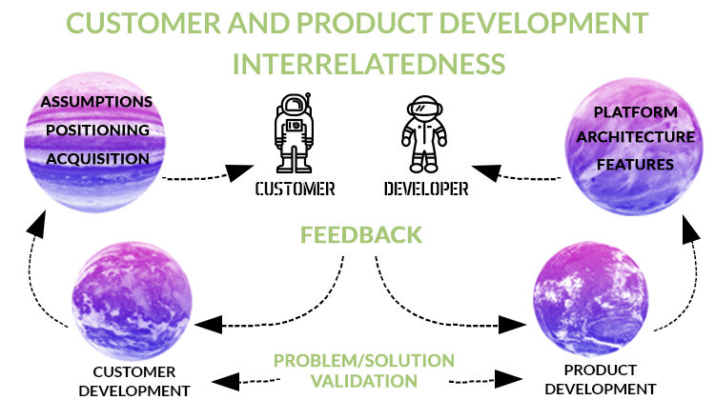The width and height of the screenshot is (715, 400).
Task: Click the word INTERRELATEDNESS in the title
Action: pyautogui.click(x=369, y=64)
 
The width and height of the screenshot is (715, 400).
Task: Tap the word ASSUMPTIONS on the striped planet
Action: pyautogui.click(x=96, y=102)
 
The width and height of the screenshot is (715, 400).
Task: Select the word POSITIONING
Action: pyautogui.click(x=97, y=130)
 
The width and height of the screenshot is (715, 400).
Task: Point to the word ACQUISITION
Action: pyautogui.click(x=97, y=159)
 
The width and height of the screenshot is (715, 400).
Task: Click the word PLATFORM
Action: pyautogui.click(x=636, y=112)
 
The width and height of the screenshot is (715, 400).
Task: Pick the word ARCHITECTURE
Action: pyautogui.click(x=636, y=137)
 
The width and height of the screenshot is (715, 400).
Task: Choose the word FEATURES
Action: pyautogui.click(x=635, y=165)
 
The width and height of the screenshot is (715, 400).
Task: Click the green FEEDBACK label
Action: pyautogui.click(x=361, y=235)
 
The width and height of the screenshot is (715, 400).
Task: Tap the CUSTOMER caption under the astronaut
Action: pyautogui.click(x=295, y=189)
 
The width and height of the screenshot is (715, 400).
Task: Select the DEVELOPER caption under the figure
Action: pyautogui.click(x=426, y=189)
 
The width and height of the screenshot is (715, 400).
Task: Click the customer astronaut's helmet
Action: pyautogui.click(x=295, y=107)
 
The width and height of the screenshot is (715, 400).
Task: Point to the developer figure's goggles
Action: pyautogui.click(x=424, y=109)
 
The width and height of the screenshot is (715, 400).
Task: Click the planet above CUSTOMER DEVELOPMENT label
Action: pyautogui.click(x=133, y=301)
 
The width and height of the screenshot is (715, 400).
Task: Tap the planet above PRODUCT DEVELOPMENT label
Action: pyautogui.click(x=591, y=299)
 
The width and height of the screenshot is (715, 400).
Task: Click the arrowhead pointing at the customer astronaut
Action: pyautogui.click(x=239, y=172)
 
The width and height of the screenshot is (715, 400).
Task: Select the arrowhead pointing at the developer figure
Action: pyautogui.click(x=486, y=172)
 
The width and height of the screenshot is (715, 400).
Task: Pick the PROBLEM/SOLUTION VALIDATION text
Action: pyautogui.click(x=364, y=370)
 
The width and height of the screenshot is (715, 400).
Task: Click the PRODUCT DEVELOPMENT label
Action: pyautogui.click(x=600, y=379)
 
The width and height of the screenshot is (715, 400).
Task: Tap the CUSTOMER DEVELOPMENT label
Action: pyautogui.click(x=134, y=381)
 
